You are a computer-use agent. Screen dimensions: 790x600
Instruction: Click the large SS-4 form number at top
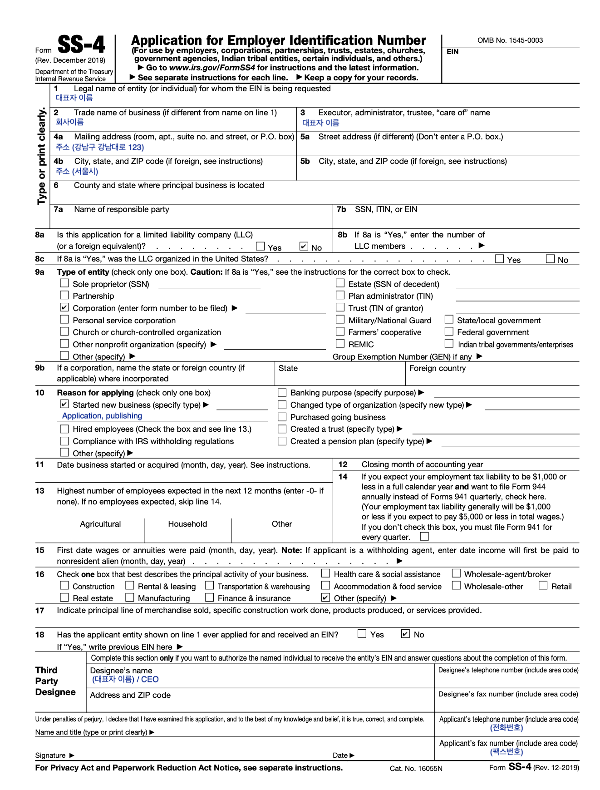tap(81, 45)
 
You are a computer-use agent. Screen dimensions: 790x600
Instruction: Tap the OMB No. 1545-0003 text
tap(510, 40)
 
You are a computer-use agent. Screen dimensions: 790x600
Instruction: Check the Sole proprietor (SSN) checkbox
tap(64, 283)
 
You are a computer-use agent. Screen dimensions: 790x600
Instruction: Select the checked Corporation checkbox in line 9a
tap(64, 307)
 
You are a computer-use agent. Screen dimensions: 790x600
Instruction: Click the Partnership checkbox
tap(64, 295)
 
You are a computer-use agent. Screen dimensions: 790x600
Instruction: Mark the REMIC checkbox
tap(340, 344)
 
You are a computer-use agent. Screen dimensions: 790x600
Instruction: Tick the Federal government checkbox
tap(449, 331)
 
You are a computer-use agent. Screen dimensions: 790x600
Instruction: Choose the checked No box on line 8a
tap(304, 247)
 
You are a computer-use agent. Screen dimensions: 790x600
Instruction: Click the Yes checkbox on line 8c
tap(499, 259)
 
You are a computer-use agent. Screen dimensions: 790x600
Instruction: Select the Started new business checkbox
tap(64, 404)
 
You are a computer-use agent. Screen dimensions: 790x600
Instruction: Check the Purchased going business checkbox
tap(282, 417)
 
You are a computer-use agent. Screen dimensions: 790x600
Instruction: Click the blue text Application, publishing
tap(102, 416)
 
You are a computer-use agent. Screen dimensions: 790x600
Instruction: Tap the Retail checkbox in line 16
tap(543, 586)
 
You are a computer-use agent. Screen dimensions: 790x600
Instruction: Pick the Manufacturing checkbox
tap(130, 597)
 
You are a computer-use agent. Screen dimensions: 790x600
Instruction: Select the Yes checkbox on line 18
tap(362, 634)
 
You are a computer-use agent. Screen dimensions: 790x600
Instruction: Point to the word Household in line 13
tap(187, 524)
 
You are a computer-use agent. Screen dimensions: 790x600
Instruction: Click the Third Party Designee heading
tap(55, 681)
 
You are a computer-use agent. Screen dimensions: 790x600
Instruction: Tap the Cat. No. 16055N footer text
tap(416, 768)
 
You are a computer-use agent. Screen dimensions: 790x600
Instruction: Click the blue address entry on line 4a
tap(100, 147)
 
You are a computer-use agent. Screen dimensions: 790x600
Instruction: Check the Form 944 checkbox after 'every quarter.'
tap(424, 537)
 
